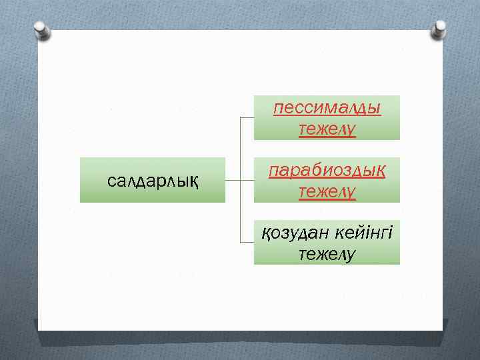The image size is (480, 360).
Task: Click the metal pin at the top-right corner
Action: click(439, 28)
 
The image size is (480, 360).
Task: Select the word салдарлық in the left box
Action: click(153, 180)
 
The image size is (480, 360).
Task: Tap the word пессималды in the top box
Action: click(327, 108)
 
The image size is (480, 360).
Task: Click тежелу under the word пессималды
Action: click(327, 128)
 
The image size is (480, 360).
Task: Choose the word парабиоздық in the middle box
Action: click(327, 170)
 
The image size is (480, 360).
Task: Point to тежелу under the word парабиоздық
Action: click(327, 191)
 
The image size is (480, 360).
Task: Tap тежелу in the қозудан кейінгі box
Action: click(327, 254)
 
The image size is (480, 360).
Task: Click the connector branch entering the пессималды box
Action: click(247, 118)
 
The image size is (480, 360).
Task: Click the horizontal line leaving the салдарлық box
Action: click(232, 180)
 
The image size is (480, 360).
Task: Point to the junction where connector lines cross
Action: click(240, 180)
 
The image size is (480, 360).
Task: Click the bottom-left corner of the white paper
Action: click(39, 329)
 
